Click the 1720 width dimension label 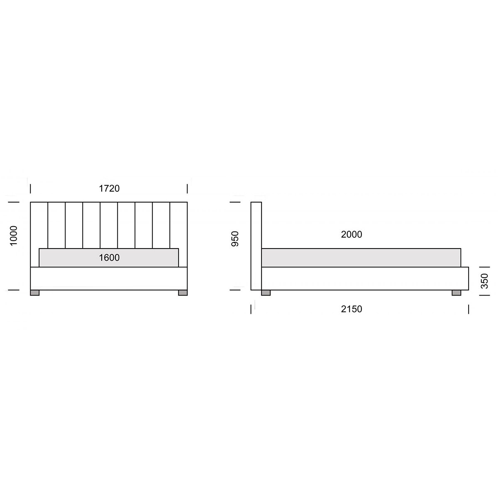tap(109, 188)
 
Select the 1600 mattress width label tap(109, 258)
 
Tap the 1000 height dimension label tap(13, 235)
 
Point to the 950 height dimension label tap(235, 239)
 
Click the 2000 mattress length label tap(352, 234)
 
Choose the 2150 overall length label tap(352, 309)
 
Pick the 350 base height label tap(484, 281)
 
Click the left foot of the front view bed tap(34, 293)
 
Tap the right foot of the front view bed tap(183, 293)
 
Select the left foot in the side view tap(266, 293)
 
